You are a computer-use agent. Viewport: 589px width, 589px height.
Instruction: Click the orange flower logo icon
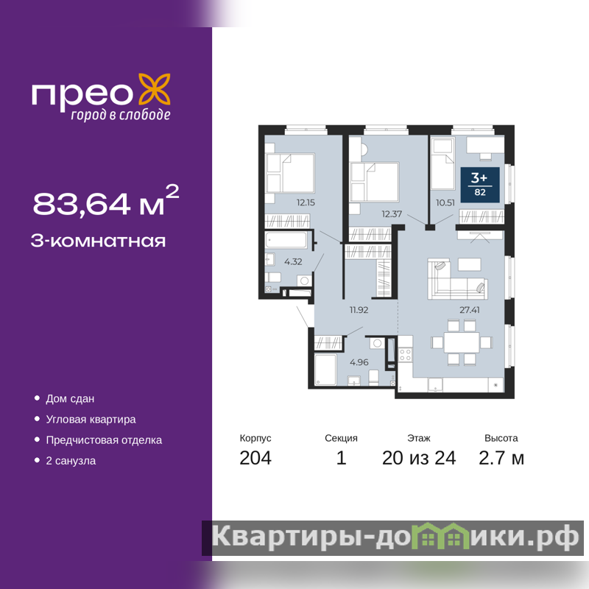[155, 89]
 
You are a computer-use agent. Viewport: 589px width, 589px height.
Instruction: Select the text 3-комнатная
[98, 241]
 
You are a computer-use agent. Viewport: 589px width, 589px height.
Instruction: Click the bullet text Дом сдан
[70, 398]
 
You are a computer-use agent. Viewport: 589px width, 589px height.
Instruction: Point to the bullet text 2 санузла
[71, 461]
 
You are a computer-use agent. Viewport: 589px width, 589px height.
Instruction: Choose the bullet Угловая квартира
[91, 419]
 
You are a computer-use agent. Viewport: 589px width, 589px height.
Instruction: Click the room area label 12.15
[306, 202]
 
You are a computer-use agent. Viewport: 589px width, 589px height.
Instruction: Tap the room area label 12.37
[392, 214]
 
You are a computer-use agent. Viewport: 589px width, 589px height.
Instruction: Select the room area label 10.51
[445, 203]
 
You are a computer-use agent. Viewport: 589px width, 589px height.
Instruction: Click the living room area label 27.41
[470, 310]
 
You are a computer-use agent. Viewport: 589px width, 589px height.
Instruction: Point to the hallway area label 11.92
[359, 310]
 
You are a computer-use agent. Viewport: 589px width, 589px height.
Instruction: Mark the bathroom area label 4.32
[293, 261]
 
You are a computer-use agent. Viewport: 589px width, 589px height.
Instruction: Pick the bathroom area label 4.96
[359, 362]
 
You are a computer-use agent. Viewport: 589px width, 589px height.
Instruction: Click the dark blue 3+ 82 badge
[480, 185]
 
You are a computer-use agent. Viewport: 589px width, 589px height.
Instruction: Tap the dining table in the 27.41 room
[462, 342]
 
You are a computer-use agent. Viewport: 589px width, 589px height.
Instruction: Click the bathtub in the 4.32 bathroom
[286, 240]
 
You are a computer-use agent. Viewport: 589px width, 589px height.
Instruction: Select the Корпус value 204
[255, 458]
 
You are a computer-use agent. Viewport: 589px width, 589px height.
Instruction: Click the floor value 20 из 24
[419, 458]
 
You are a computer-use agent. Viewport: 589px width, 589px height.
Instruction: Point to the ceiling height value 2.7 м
[501, 458]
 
